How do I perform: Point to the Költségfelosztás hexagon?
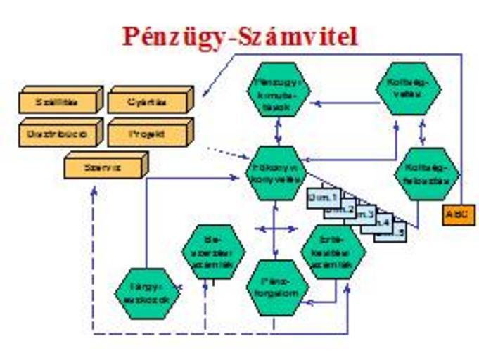point(427,173)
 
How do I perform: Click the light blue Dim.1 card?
point(324,199)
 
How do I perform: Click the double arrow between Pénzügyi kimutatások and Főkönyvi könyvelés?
point(279,131)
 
